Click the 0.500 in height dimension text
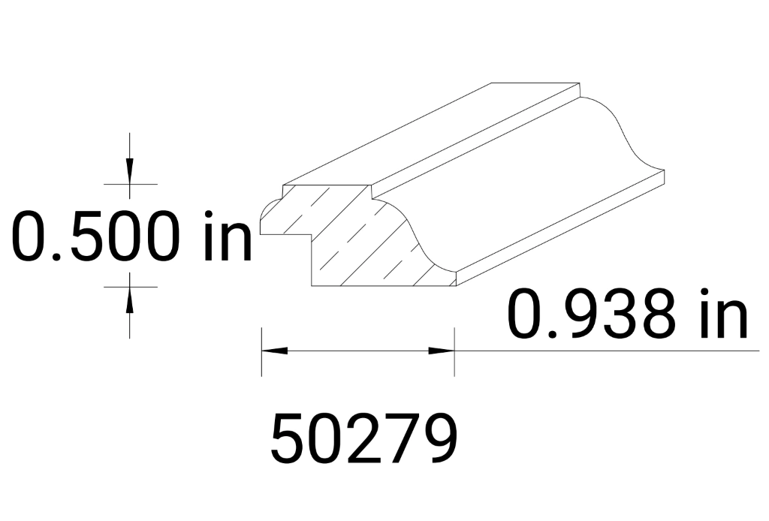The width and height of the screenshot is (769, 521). tap(131, 236)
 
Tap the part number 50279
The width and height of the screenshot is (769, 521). tap(363, 439)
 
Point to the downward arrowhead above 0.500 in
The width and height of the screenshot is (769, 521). tap(130, 170)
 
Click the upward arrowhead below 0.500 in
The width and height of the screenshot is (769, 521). tap(130, 300)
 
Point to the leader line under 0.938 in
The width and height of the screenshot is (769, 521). tap(601, 351)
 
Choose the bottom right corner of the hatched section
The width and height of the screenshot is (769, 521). tap(454, 285)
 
